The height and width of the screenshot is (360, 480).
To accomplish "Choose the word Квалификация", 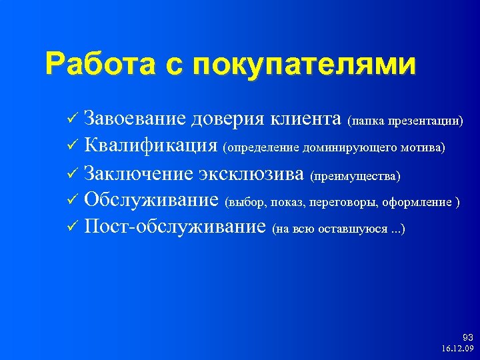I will (x=151, y=145).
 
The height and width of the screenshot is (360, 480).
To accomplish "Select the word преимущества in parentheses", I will (x=355, y=175).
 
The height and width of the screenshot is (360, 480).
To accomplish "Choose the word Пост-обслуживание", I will (x=175, y=227).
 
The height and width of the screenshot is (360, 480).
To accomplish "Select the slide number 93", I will (x=467, y=337).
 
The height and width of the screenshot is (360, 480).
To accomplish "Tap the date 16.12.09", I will (x=457, y=349).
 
